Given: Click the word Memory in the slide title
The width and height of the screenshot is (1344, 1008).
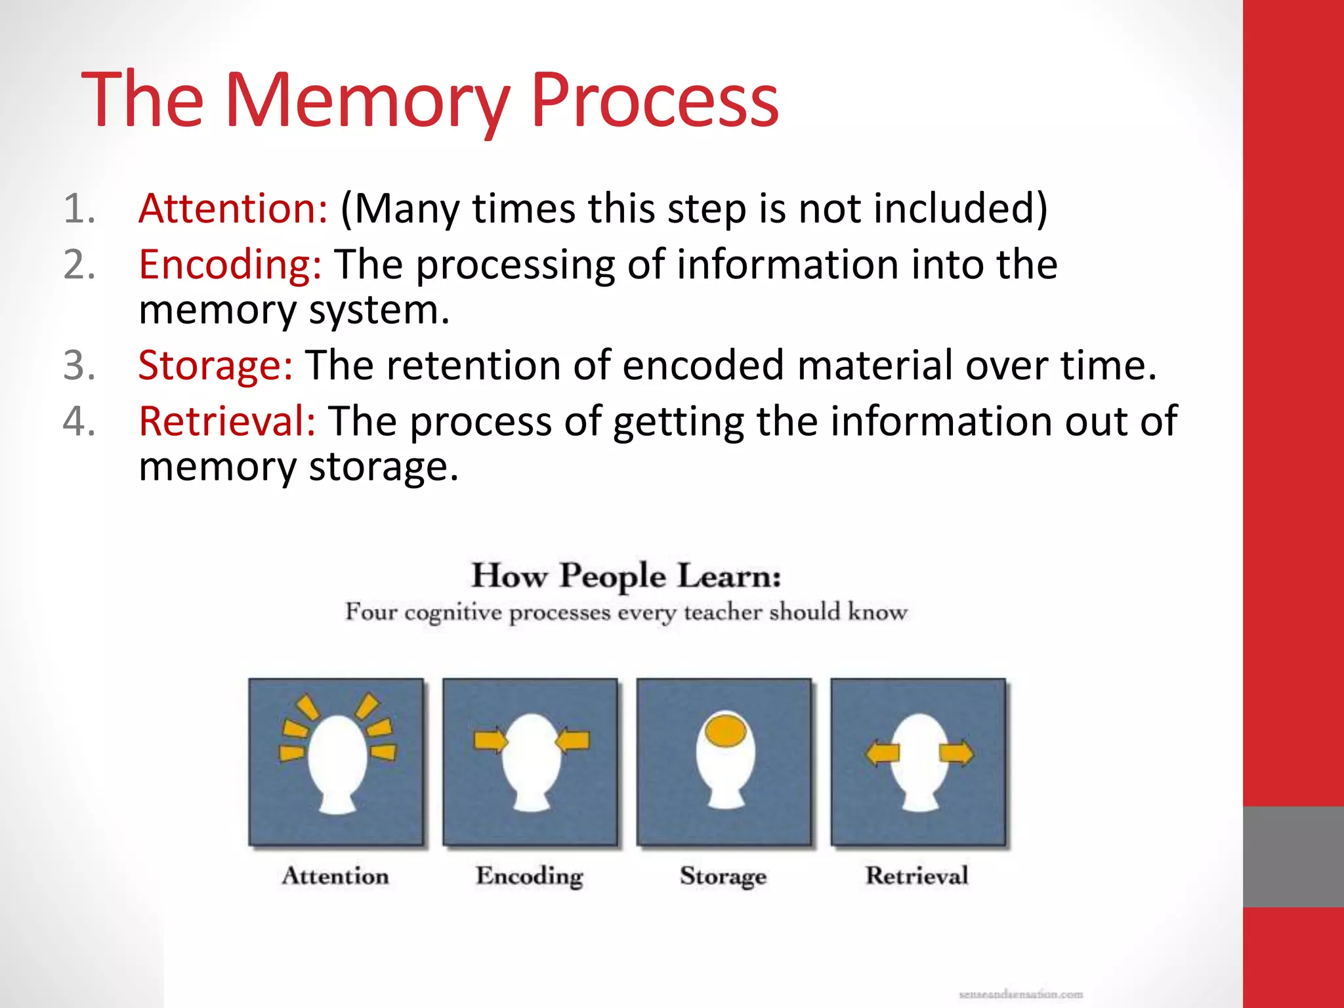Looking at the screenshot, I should (x=367, y=102).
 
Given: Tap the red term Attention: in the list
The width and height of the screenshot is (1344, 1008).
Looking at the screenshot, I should (x=233, y=209).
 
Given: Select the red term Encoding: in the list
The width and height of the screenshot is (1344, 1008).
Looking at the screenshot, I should (x=230, y=265).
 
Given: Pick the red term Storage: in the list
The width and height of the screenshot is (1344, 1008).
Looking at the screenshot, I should (x=215, y=366).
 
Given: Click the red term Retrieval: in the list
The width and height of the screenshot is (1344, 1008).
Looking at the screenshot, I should (x=227, y=421).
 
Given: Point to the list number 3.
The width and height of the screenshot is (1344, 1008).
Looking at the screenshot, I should (x=79, y=366).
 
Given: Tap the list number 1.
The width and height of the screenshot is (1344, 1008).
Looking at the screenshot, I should (x=79, y=209).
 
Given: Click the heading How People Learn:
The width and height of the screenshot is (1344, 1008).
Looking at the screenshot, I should (x=626, y=576).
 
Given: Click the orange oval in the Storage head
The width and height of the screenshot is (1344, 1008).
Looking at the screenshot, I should (x=724, y=730).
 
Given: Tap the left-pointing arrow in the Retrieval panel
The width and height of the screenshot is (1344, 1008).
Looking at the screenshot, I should (x=881, y=753).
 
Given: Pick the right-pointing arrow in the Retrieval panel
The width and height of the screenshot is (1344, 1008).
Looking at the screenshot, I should (x=956, y=753).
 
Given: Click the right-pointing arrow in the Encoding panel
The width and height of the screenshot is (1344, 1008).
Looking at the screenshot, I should (x=491, y=740).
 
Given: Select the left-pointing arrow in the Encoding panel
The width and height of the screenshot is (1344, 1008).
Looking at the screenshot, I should (x=572, y=740).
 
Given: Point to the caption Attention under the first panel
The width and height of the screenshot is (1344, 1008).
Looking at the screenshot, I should (x=335, y=876).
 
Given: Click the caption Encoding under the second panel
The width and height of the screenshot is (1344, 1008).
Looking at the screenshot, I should (x=530, y=876).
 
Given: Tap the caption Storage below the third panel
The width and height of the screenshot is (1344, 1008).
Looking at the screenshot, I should (x=723, y=876).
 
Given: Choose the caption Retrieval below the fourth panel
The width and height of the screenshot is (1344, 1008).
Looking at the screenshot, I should (x=917, y=876).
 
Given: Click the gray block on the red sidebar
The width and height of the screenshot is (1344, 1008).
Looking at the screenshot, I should (x=1293, y=856).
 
